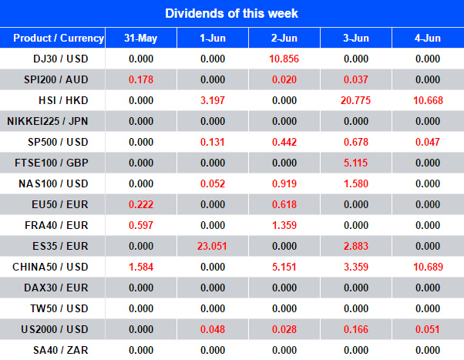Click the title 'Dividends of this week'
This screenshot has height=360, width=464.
coord(231,13)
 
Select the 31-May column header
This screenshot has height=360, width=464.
coord(141,38)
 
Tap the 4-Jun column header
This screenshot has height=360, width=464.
coord(428,38)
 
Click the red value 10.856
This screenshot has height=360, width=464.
coord(284,59)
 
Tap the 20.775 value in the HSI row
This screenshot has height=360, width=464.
coord(356,100)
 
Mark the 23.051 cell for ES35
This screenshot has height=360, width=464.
coord(212,245)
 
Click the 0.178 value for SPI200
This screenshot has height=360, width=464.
coord(141,79)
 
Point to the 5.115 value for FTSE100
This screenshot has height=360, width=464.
coord(356,163)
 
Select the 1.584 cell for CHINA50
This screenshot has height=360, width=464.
coord(141,266)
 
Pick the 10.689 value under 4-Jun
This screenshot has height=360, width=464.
coord(428,266)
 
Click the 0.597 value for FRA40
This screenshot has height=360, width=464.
coord(141,224)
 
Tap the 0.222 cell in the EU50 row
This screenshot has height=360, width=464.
coord(141,204)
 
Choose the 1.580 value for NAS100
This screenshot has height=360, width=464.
coord(356,183)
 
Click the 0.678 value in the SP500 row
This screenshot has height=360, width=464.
coord(356,142)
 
